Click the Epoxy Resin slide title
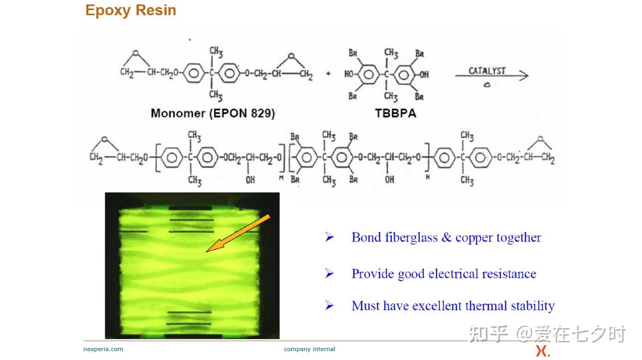click(131, 11)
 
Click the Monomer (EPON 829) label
click(213, 113)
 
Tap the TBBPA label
click(395, 113)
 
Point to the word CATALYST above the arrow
click(487, 71)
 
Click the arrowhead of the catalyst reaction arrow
click(523, 76)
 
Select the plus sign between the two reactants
click(329, 74)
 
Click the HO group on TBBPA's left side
click(349, 74)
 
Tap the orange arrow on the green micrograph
click(238, 233)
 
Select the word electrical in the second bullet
click(453, 273)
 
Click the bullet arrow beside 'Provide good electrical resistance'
click(329, 273)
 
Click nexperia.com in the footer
click(103, 349)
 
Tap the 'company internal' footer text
click(309, 349)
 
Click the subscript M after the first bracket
click(281, 178)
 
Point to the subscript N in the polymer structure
click(428, 177)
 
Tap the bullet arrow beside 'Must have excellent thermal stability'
click(329, 305)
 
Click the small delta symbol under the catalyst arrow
click(487, 85)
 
